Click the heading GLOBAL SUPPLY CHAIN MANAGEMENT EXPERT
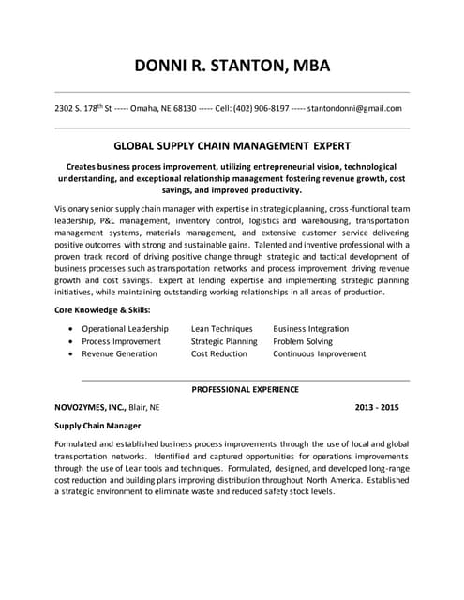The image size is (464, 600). (x=232, y=145)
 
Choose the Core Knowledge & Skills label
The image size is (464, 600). (x=102, y=309)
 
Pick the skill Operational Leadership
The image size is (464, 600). (x=125, y=329)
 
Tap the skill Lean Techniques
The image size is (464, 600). (x=221, y=329)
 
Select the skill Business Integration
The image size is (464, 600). (x=310, y=329)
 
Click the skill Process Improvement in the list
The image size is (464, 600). (x=121, y=342)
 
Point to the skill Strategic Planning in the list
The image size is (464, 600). (x=224, y=342)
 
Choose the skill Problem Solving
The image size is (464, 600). (x=302, y=342)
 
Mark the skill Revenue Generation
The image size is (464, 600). (x=119, y=354)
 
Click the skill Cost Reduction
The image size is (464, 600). (x=218, y=354)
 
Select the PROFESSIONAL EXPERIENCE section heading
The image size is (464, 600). (x=246, y=388)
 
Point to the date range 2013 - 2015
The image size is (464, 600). (x=377, y=408)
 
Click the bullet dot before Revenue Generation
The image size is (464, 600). (x=72, y=354)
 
